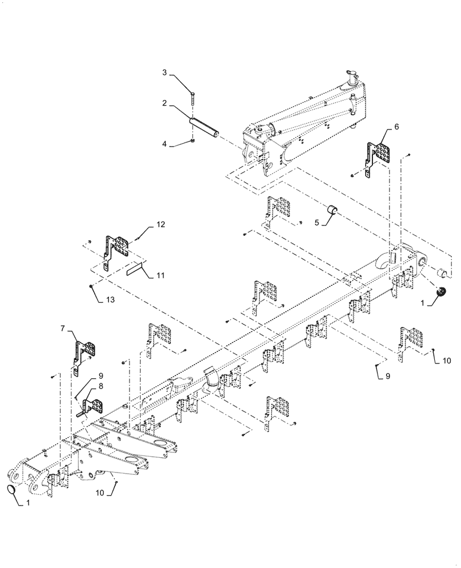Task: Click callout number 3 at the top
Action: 164,73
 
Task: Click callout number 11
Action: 160,275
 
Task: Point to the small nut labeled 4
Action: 194,140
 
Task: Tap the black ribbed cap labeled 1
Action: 440,294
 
